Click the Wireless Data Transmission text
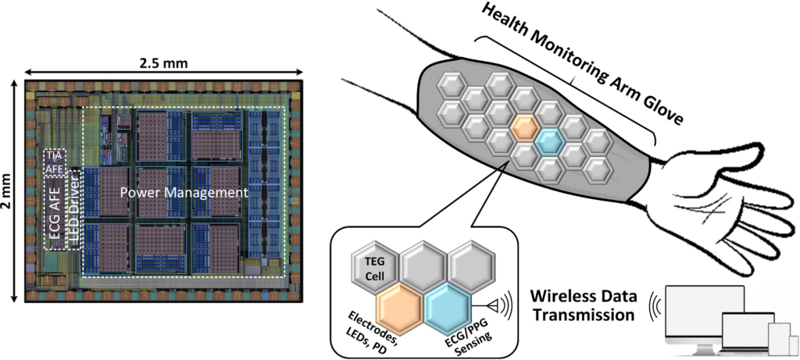pos(583,307)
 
